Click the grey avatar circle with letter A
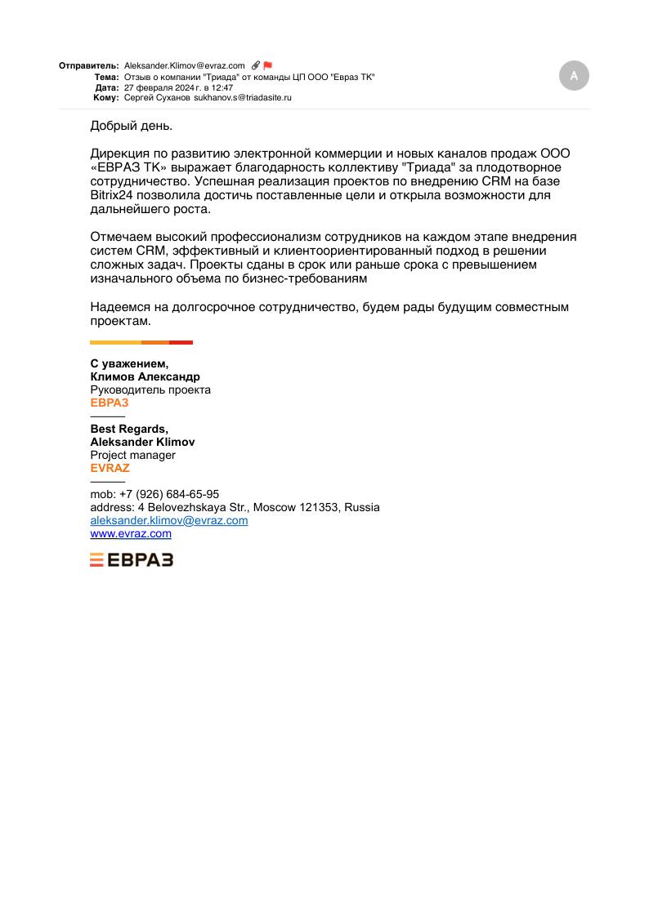[574, 75]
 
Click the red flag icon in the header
[267, 65]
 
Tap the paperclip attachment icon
[256, 65]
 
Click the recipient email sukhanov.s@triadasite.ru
[243, 97]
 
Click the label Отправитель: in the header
[89, 66]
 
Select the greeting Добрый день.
[132, 126]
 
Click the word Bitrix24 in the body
[111, 195]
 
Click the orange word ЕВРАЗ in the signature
[110, 403]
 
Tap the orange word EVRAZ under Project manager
[110, 468]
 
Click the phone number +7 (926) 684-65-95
[169, 494]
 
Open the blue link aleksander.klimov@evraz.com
[169, 520]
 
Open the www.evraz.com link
[131, 533]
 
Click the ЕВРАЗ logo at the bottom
[132, 559]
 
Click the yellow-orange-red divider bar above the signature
[141, 342]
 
